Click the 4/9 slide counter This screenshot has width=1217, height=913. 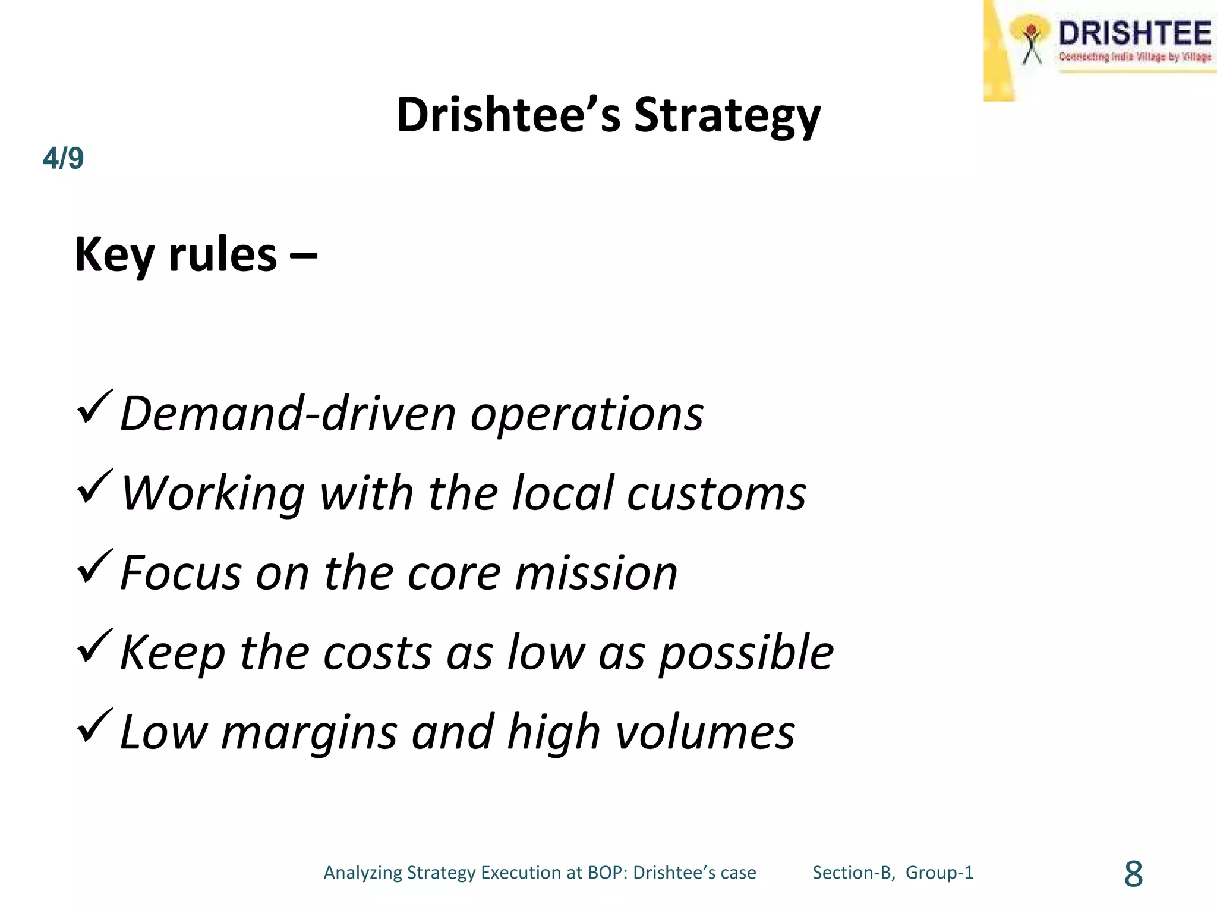[63, 159]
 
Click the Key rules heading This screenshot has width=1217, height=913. [195, 254]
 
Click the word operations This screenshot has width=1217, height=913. [587, 414]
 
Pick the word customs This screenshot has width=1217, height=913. [716, 493]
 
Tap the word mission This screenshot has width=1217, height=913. [596, 573]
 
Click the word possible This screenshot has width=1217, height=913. [746, 653]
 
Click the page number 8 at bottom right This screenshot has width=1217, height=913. [1133, 874]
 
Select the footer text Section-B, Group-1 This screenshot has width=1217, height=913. [893, 873]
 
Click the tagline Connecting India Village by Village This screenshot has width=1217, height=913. [1134, 57]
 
